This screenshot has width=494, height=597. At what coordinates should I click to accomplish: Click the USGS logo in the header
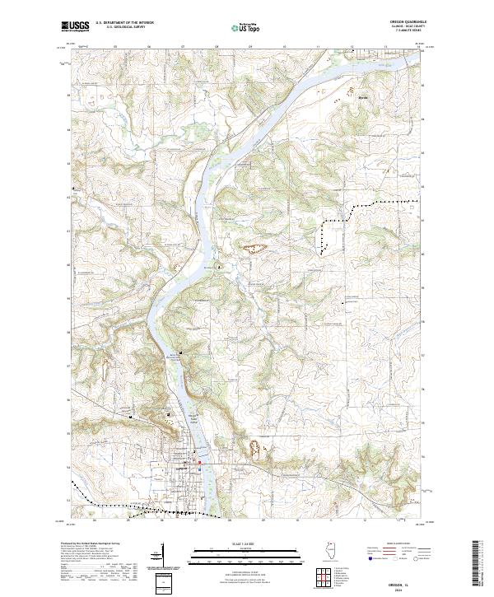pos(76,26)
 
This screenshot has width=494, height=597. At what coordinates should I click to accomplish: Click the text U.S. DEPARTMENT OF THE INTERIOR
pos(125,23)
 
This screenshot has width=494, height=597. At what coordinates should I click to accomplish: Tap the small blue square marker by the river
pos(218,268)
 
